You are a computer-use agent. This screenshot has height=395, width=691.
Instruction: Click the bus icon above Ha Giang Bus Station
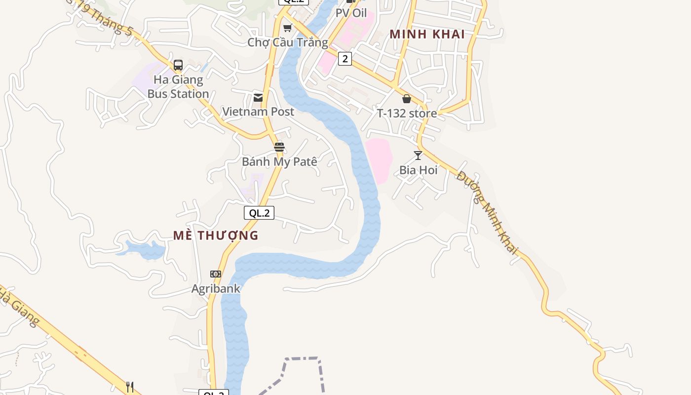click(x=178, y=65)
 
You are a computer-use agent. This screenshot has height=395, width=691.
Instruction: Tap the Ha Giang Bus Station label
click(x=178, y=87)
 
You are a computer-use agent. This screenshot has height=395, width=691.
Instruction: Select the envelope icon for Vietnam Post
click(x=258, y=98)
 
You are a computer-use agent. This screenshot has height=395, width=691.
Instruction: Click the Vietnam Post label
click(x=258, y=112)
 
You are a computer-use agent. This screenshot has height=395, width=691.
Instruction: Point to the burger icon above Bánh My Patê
click(x=279, y=147)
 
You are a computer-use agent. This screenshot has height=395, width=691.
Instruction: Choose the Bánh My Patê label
click(x=279, y=161)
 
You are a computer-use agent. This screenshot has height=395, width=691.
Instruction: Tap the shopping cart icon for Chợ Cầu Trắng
click(x=287, y=28)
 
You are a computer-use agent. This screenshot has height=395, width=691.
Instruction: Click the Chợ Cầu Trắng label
click(x=288, y=42)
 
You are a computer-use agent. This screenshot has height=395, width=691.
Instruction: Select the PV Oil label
click(x=351, y=13)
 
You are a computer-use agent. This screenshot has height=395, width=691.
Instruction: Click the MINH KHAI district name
click(x=427, y=34)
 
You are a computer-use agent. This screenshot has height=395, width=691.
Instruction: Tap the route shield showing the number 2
click(x=345, y=59)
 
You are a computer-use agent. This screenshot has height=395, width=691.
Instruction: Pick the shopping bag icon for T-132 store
click(x=407, y=99)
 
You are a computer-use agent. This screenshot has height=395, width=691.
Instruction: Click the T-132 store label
click(x=407, y=113)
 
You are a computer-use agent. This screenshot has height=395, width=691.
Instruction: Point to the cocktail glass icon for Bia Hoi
click(x=418, y=156)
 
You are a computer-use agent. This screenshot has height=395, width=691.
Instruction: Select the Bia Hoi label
click(x=419, y=170)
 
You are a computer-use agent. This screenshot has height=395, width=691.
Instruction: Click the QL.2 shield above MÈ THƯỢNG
click(x=259, y=213)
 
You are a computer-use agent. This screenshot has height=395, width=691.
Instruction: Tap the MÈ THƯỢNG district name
click(x=216, y=236)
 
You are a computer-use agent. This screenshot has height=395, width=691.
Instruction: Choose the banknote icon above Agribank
click(x=216, y=274)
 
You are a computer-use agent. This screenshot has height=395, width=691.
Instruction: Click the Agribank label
click(x=216, y=288)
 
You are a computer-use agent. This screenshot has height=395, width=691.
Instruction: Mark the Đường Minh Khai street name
click(x=488, y=213)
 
